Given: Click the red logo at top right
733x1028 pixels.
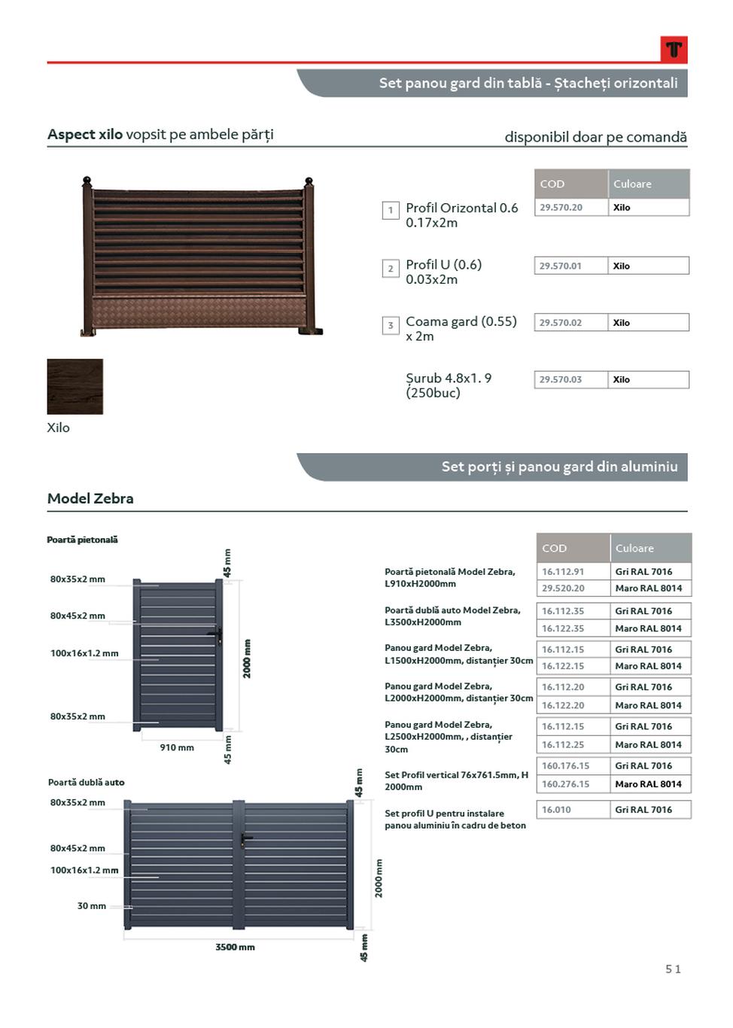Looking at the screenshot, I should click(x=674, y=50).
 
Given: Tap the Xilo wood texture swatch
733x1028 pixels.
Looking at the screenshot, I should click(x=75, y=386).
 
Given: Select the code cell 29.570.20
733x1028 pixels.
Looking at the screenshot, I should click(x=561, y=208).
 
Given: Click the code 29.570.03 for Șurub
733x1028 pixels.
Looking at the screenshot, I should click(x=561, y=380).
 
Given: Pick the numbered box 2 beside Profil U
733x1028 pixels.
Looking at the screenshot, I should click(x=391, y=269).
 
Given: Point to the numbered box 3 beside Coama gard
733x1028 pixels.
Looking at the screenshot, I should click(x=391, y=325).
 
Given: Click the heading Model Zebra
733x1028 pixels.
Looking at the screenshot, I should click(x=90, y=498).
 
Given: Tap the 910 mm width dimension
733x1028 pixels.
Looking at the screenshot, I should click(x=177, y=747).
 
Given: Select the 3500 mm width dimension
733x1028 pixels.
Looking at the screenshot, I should click(x=235, y=947).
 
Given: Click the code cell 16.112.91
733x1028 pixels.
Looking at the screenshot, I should click(x=563, y=572).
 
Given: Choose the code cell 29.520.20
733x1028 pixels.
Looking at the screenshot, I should click(x=563, y=589).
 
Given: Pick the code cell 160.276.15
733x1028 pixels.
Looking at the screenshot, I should click(x=566, y=784).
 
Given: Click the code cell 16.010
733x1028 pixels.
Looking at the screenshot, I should click(x=556, y=810).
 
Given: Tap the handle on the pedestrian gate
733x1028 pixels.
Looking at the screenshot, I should click(x=217, y=636).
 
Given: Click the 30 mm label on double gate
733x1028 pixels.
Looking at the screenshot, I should click(x=92, y=906).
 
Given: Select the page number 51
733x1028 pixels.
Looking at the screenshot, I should click(x=673, y=969).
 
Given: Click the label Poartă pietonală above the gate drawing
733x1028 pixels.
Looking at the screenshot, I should click(x=82, y=540).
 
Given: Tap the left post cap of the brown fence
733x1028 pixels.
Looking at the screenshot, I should click(x=87, y=181).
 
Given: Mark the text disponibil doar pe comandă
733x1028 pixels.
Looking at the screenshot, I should click(x=595, y=137).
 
